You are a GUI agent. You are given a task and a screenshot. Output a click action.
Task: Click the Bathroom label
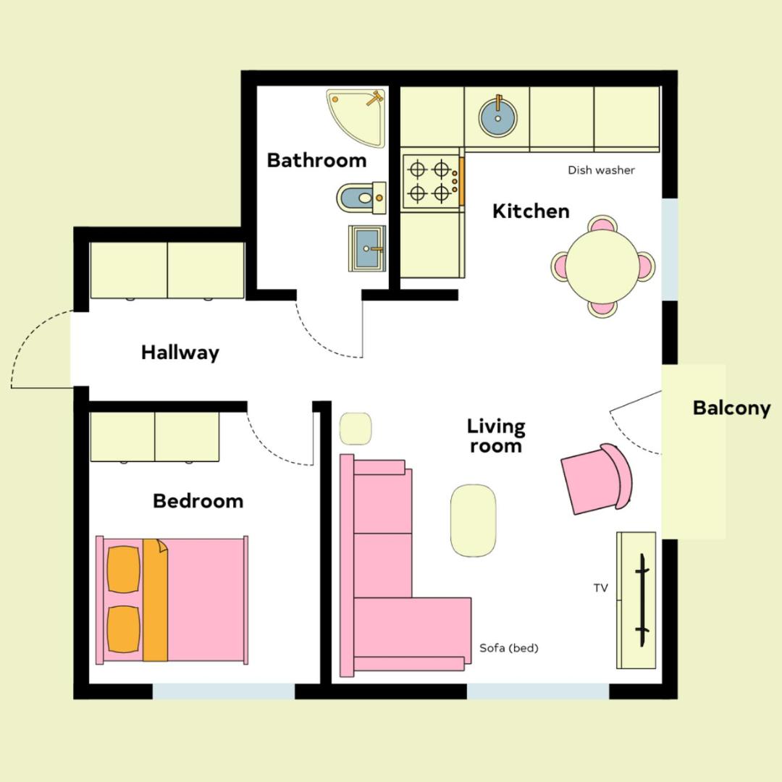(x=316, y=161)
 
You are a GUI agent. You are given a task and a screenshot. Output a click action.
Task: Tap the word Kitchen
(x=531, y=211)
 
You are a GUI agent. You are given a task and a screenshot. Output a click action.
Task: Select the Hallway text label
(x=180, y=353)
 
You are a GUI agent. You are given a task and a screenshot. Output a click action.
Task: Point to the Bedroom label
(x=198, y=501)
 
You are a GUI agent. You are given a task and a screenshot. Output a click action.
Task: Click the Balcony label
(x=731, y=408)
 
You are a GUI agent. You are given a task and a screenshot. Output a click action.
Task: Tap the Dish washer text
(x=601, y=170)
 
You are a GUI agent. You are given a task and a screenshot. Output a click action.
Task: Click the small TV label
(x=600, y=588)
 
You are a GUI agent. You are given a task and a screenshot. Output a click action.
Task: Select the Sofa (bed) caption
(x=509, y=648)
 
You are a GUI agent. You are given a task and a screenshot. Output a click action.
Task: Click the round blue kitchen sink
(x=497, y=118)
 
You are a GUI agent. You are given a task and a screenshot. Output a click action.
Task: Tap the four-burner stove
(x=432, y=180)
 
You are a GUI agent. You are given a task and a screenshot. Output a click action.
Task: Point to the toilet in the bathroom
(x=361, y=198)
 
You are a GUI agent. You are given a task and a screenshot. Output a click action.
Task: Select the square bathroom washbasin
(x=367, y=248)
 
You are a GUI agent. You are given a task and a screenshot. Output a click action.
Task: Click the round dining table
(x=602, y=266)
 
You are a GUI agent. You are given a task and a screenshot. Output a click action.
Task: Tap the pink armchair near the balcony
(x=597, y=479)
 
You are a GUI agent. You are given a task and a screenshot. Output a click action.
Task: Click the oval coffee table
(x=474, y=520)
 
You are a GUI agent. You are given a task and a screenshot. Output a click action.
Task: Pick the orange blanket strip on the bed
(x=155, y=600)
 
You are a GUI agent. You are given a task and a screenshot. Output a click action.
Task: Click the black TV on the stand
(x=642, y=600)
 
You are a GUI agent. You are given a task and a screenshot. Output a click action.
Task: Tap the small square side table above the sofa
(x=356, y=429)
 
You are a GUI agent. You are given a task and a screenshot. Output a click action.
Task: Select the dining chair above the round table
(x=602, y=224)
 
